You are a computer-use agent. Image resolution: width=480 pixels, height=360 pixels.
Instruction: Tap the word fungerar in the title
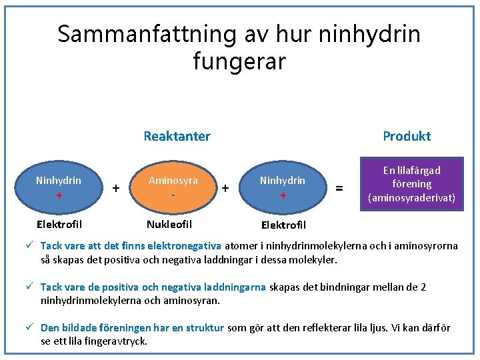[239, 61]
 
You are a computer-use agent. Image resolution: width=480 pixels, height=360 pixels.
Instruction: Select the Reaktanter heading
[177, 136]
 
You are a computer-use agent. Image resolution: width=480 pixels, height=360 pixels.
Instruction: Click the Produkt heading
[406, 136]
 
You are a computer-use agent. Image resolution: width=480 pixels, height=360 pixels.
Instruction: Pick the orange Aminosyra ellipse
[173, 187]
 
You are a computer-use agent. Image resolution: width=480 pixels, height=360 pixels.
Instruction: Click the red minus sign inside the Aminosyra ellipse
[173, 195]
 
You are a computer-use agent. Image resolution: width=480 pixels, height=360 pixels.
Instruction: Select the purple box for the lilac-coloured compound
[412, 184]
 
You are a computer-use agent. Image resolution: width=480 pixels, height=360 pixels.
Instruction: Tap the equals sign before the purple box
[340, 189]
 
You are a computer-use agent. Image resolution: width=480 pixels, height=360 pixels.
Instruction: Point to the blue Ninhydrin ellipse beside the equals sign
[283, 187]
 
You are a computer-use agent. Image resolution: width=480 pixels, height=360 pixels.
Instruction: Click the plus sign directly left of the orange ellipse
[117, 189]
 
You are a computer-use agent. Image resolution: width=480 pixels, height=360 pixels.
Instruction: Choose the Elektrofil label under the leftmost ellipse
[59, 225]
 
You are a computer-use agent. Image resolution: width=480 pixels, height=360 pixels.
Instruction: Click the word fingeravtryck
[115, 341]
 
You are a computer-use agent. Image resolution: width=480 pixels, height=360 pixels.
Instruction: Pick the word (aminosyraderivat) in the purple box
[412, 197]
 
